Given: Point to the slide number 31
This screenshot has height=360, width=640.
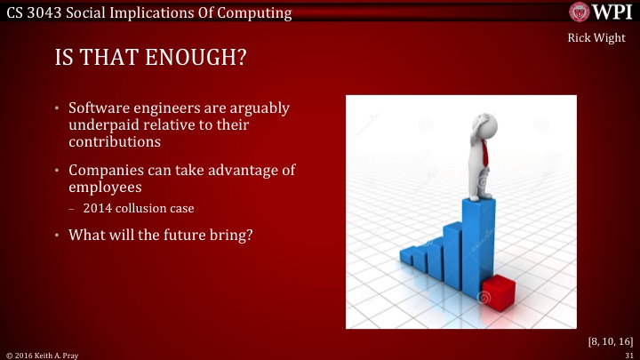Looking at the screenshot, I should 628,355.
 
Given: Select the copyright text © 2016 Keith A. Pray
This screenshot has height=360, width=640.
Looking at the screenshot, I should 42,355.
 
